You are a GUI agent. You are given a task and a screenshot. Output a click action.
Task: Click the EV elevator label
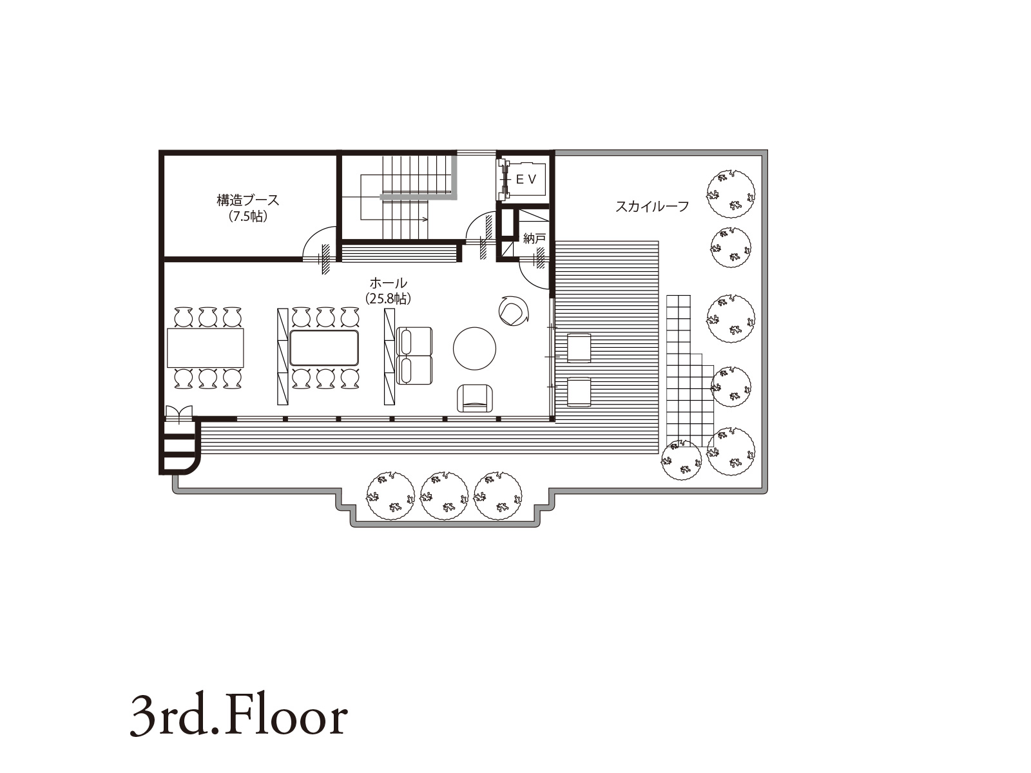click(526, 179)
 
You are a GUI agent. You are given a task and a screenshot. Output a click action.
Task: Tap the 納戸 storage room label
click(534, 238)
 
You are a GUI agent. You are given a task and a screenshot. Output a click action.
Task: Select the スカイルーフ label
click(652, 206)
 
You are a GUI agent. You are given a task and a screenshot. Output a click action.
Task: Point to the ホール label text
click(388, 283)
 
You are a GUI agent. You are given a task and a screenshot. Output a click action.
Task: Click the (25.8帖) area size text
click(388, 299)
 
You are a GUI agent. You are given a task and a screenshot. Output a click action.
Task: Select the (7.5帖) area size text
click(248, 216)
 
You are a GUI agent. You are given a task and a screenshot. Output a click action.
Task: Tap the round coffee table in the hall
click(474, 348)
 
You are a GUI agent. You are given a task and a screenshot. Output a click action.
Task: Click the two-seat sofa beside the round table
click(414, 356)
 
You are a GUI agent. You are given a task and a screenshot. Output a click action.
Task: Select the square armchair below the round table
click(475, 398)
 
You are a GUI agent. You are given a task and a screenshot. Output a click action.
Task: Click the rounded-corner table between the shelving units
click(324, 348)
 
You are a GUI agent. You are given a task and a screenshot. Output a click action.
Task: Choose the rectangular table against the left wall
click(206, 348)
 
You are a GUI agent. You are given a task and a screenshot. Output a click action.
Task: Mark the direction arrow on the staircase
click(394, 219)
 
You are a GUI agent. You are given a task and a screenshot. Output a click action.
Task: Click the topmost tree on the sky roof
click(731, 193)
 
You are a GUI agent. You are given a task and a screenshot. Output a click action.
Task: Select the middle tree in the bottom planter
click(445, 496)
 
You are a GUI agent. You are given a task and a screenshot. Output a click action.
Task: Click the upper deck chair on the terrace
click(579, 347)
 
